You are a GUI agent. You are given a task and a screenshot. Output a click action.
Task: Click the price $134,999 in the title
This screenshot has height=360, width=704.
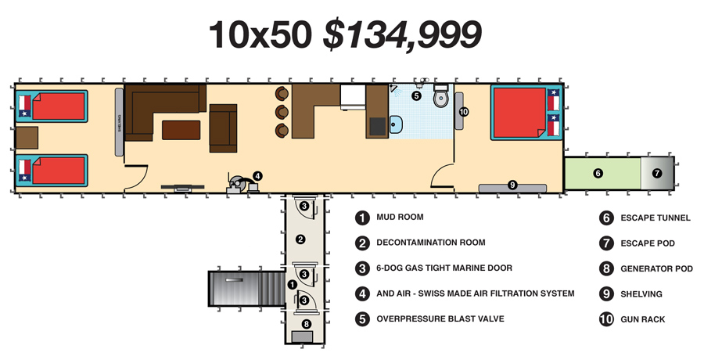tap(402, 35)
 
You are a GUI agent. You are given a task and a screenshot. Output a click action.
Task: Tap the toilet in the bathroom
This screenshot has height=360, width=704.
tap(440, 96)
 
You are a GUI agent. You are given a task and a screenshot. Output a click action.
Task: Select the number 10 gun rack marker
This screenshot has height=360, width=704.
tap(464, 111)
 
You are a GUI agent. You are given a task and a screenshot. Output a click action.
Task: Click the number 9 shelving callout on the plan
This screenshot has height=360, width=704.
tap(512, 184)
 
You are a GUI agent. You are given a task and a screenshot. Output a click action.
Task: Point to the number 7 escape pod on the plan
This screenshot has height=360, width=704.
tap(657, 173)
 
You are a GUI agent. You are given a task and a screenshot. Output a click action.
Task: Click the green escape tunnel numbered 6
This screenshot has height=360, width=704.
tap(602, 173)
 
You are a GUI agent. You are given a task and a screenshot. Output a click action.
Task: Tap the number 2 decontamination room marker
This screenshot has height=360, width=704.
tap(301, 239)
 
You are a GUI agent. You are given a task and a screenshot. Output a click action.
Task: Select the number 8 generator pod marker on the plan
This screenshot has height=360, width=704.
tap(306, 323)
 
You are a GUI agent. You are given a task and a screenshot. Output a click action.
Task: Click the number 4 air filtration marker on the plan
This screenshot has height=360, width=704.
tap(257, 176)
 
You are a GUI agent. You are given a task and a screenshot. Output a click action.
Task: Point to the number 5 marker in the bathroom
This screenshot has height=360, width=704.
tap(416, 95)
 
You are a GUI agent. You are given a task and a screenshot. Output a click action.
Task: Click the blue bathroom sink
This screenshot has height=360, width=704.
tap(396, 124)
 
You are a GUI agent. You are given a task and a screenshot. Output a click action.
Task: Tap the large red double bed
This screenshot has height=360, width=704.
tap(519, 113)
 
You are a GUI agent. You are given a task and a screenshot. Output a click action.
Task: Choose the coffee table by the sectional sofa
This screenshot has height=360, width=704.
tap(181, 130)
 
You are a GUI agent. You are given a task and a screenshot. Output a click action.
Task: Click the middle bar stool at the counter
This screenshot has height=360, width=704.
tap(282, 111)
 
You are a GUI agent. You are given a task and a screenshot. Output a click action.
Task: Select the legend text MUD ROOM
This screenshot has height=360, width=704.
tap(400, 217)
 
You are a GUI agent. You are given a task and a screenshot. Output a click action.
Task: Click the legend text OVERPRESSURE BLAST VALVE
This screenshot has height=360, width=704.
tap(440, 319)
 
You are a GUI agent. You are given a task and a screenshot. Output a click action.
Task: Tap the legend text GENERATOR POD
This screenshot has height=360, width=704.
tap(656, 268)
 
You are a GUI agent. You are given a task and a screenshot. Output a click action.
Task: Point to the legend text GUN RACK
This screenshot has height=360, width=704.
tap(642, 319)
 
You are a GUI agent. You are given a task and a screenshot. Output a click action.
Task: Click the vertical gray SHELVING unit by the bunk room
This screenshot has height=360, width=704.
tap(119, 122)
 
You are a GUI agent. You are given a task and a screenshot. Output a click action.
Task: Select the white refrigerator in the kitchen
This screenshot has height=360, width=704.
tap(353, 97)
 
